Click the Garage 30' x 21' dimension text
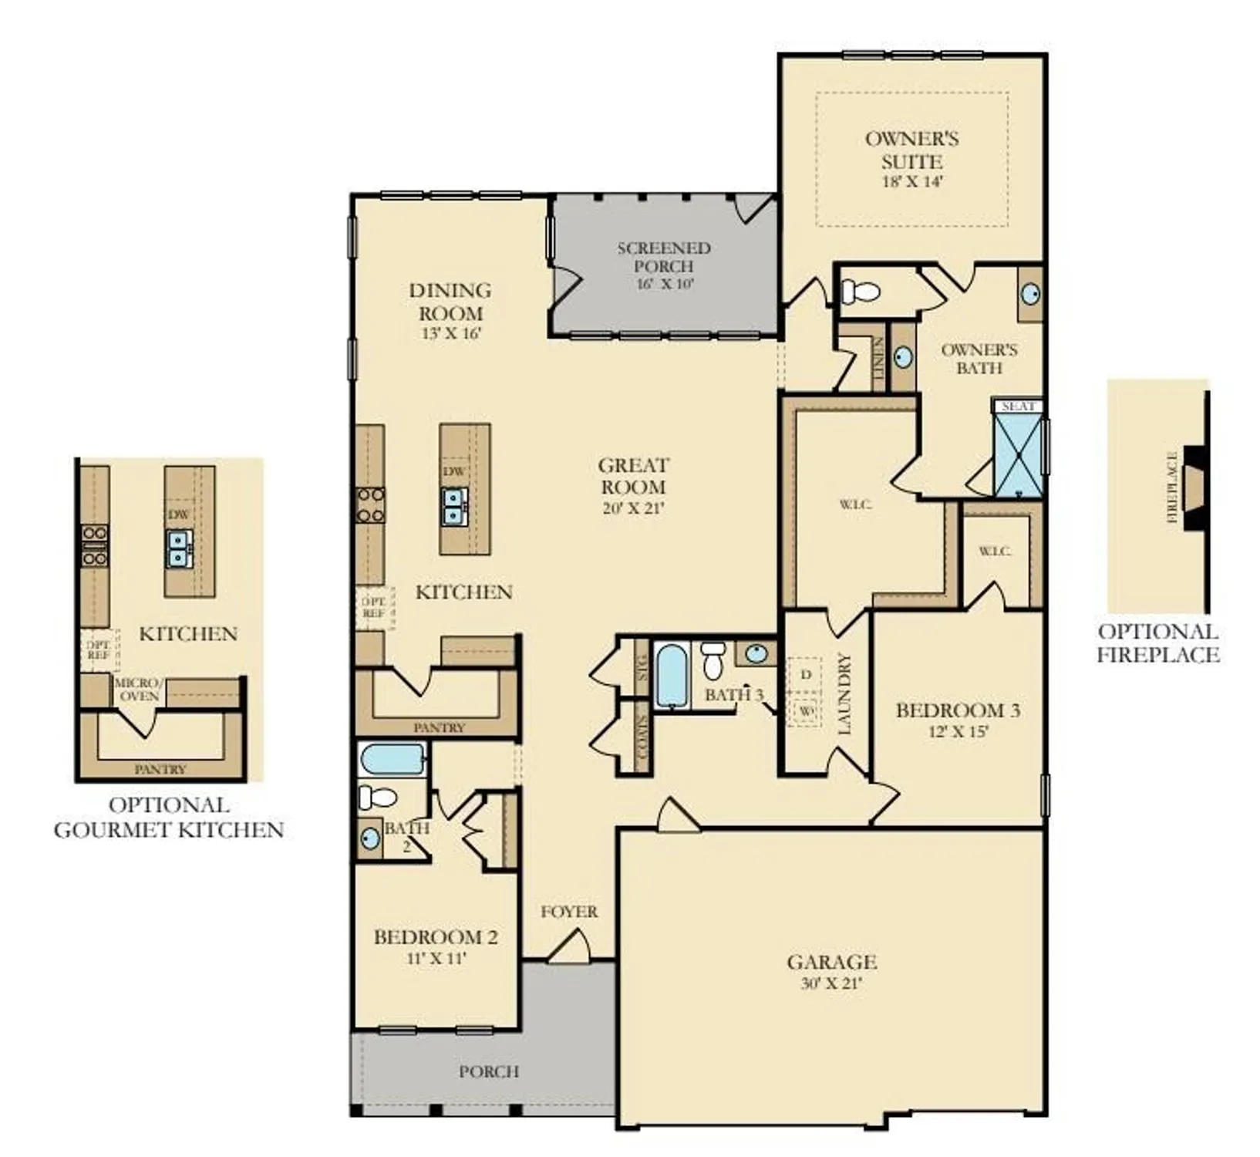[x=830, y=984]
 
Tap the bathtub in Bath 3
[x=671, y=676]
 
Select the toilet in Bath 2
[x=378, y=796]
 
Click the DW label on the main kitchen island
[x=453, y=471]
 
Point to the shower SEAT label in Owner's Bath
[x=1018, y=406]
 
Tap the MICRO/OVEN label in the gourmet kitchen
[x=138, y=690]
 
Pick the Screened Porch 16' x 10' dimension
[x=665, y=284]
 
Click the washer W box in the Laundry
[x=806, y=710]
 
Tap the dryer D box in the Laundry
[x=806, y=674]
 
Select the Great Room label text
[x=633, y=476]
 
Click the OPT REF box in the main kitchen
[x=374, y=607]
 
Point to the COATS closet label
[x=642, y=736]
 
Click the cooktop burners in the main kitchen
[x=370, y=506]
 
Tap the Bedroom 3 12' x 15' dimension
[x=958, y=731]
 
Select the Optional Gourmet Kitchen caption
[x=169, y=818]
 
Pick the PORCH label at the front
[x=488, y=1071]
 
